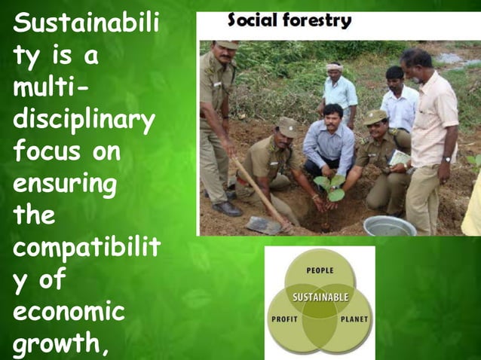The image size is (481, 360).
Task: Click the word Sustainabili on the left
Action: (x=85, y=25)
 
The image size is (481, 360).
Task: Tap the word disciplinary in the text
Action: (x=83, y=120)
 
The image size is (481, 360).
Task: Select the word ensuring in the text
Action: (x=64, y=183)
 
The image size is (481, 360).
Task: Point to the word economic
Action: (x=69, y=312)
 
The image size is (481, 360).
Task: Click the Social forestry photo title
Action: (x=290, y=21)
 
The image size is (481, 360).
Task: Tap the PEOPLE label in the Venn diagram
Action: (x=320, y=270)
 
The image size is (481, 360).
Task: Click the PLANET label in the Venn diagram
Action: (x=354, y=319)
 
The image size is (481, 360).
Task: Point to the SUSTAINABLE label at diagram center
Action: (x=320, y=297)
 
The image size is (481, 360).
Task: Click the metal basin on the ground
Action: (x=389, y=225)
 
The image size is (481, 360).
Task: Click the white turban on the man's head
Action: (x=334, y=67)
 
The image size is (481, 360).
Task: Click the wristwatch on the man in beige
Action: (x=448, y=159)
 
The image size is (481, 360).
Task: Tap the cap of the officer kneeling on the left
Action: (x=287, y=125)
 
